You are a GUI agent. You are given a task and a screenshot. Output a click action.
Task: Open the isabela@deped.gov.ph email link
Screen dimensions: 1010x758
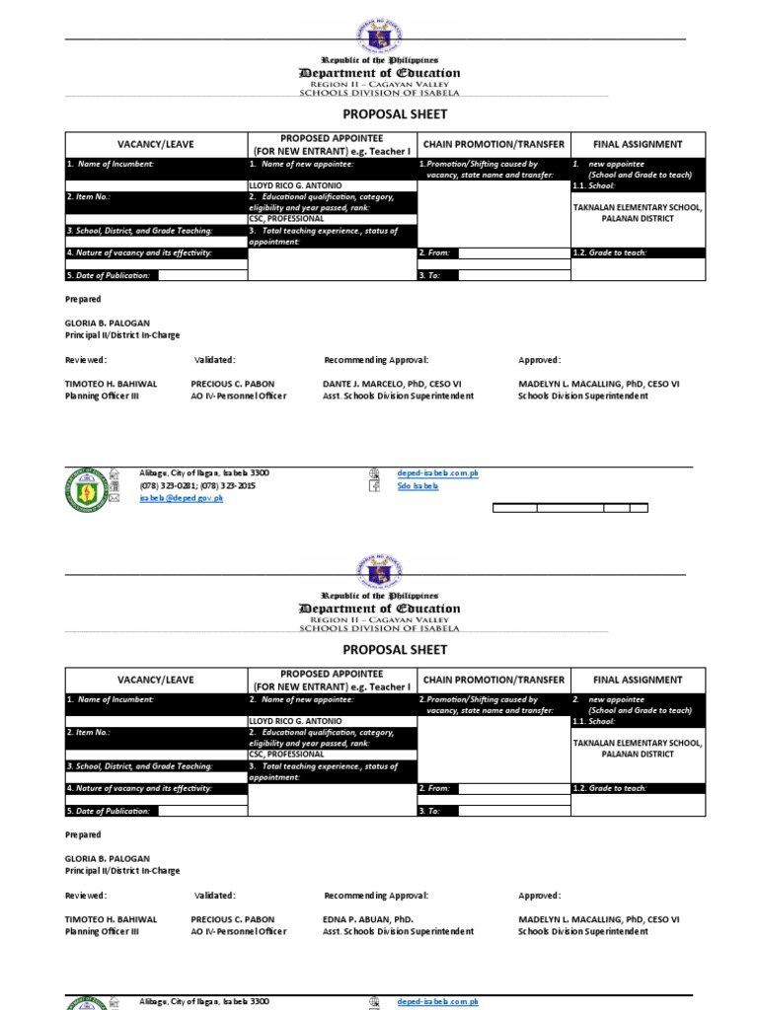pos(182,499)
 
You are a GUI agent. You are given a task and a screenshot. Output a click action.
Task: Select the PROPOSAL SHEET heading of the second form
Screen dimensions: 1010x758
pos(380,650)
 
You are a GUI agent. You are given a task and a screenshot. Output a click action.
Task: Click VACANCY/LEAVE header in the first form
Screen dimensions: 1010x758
pos(156,144)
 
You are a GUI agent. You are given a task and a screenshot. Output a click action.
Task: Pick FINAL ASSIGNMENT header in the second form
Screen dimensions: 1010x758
pos(638,680)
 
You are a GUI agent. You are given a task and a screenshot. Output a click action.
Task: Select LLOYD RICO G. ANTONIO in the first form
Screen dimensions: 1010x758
pos(296,185)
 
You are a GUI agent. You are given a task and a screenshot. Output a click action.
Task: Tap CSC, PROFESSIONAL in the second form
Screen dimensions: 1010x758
pos(286,754)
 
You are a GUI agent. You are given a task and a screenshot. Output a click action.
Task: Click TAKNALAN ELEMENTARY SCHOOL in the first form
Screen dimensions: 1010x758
pos(638,208)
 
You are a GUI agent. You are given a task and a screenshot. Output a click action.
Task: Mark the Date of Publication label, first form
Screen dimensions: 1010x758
pos(110,276)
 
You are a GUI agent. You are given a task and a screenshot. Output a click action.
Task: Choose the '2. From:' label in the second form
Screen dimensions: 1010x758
pos(434,788)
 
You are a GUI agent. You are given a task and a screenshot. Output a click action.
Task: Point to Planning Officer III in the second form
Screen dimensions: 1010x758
pos(102,931)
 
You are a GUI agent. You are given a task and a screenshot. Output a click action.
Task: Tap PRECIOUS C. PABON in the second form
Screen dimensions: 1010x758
pos(233,919)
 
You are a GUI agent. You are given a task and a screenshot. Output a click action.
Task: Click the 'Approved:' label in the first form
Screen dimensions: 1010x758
pos(540,360)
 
